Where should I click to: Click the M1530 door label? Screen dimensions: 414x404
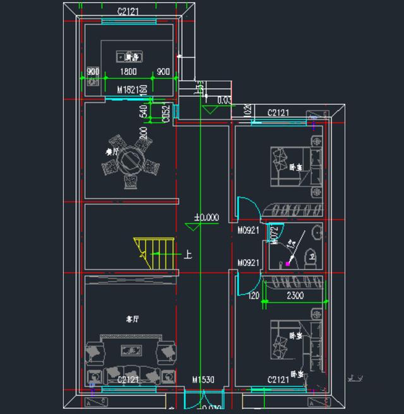203,379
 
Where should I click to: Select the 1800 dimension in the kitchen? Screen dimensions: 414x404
129,71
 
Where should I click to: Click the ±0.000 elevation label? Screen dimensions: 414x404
206,217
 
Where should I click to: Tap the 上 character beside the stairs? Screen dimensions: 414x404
187,255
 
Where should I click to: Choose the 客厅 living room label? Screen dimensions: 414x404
132,319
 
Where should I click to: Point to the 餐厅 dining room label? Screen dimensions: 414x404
113,151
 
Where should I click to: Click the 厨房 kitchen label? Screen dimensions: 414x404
131,57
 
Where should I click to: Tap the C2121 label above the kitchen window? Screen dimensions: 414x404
129,11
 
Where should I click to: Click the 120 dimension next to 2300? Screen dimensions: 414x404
254,295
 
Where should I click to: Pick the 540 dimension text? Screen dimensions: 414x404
143,112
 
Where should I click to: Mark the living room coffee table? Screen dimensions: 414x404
131,350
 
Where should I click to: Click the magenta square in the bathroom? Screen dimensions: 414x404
288,263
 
